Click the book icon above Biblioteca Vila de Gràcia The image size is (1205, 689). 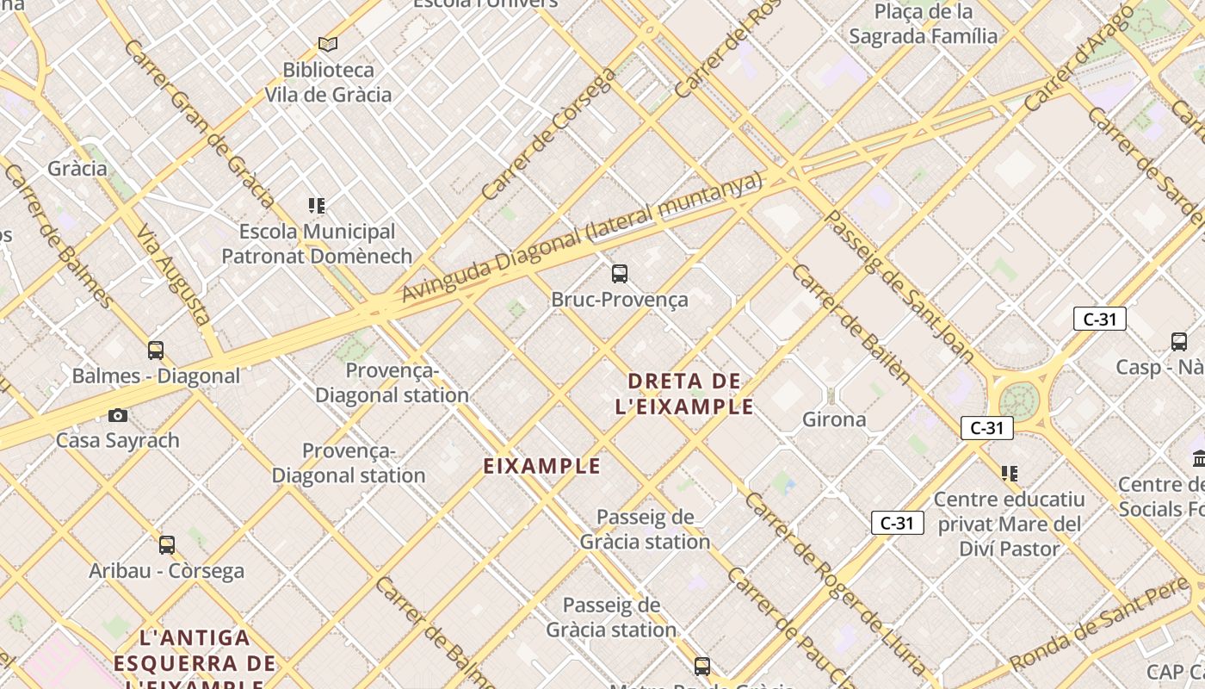[x=327, y=44]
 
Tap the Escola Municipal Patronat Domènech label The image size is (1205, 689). [x=317, y=244]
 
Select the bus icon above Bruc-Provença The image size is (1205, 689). [x=620, y=274]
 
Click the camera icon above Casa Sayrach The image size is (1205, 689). [x=118, y=415]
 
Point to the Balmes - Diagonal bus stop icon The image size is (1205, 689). [x=156, y=351]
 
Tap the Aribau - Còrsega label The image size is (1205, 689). [x=166, y=570]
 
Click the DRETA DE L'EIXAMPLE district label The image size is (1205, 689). [x=684, y=394]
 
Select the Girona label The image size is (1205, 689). [x=833, y=419]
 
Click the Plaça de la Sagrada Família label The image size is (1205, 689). [x=923, y=24]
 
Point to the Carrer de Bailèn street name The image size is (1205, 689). [x=850, y=324]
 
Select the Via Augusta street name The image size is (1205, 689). [x=173, y=275]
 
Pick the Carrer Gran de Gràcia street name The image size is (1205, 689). [x=199, y=123]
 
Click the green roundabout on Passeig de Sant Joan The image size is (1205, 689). [x=1019, y=400]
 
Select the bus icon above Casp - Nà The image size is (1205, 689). [x=1179, y=342]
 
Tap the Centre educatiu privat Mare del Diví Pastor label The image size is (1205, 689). [x=1009, y=524]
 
